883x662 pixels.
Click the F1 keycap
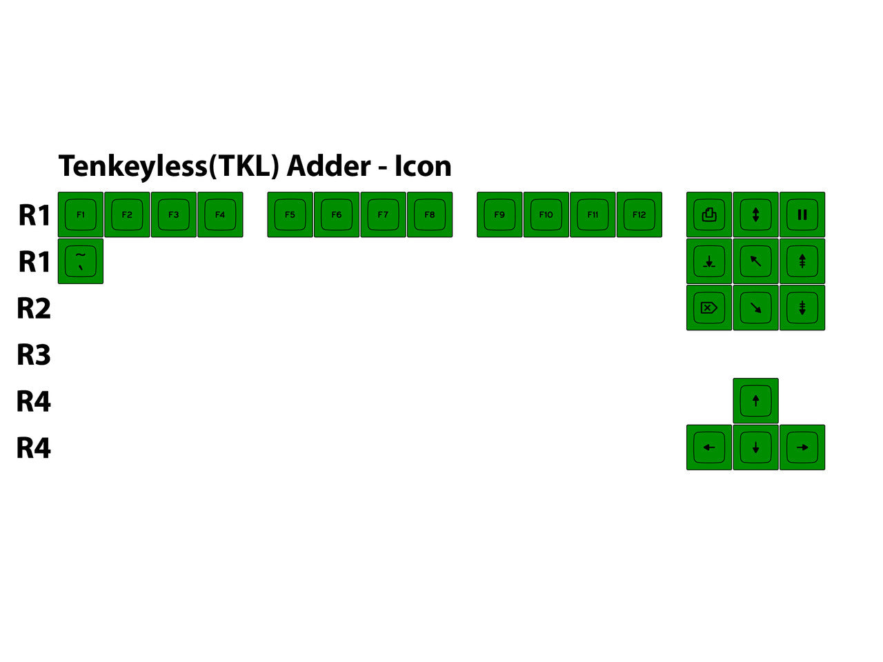pyautogui.click(x=81, y=214)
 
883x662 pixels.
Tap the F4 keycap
pyautogui.click(x=220, y=214)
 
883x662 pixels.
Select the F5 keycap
pyautogui.click(x=290, y=214)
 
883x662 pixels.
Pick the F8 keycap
pyautogui.click(x=430, y=214)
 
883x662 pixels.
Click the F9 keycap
pyautogui.click(x=499, y=214)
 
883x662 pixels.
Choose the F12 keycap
pyautogui.click(x=639, y=214)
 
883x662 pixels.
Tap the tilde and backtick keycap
pyautogui.click(x=81, y=261)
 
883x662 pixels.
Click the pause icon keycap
pyautogui.click(x=802, y=214)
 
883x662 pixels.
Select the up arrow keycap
pyautogui.click(x=755, y=401)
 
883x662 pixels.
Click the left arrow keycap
pyautogui.click(x=709, y=448)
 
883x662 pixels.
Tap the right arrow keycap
pyautogui.click(x=802, y=448)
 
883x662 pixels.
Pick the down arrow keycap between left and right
pyautogui.click(x=755, y=448)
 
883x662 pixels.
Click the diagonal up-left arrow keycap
pyautogui.click(x=755, y=261)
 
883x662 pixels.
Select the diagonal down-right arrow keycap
pyautogui.click(x=755, y=308)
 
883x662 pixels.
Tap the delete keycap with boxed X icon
pyautogui.click(x=709, y=308)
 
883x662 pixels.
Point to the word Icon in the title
pyautogui.click(x=423, y=166)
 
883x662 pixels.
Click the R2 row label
pyautogui.click(x=34, y=308)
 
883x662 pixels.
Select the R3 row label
pyautogui.click(x=34, y=354)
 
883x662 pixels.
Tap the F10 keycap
pyautogui.click(x=546, y=214)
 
